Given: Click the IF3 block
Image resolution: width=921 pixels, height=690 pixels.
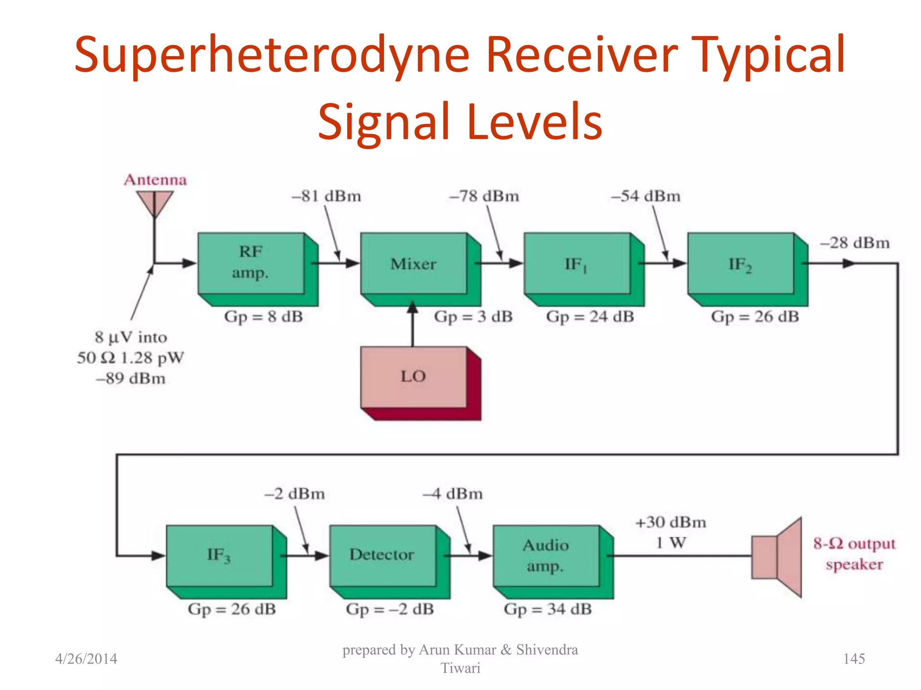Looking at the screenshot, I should tap(219, 556).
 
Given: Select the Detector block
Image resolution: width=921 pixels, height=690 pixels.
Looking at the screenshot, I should tap(383, 556).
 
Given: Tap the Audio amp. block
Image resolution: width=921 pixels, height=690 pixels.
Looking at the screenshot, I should tap(546, 556).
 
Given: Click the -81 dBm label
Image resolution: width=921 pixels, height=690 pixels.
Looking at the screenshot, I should tap(326, 196).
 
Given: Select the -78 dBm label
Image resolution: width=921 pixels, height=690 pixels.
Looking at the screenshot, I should tap(484, 196).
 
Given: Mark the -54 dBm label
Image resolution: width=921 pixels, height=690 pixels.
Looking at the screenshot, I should tap(646, 196).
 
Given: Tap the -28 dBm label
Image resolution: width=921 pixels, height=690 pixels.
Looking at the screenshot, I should tap(855, 243).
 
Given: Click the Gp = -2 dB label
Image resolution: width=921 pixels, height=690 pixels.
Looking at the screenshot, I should tap(390, 609).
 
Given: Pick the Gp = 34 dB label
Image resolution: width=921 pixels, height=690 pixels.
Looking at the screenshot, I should tap(548, 609).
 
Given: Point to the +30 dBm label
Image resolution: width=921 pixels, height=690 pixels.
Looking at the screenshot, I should tap(671, 522).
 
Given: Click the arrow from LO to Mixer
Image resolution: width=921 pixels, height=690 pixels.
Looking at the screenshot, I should tap(413, 326).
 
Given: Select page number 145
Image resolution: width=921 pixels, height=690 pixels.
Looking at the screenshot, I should tap(854, 659).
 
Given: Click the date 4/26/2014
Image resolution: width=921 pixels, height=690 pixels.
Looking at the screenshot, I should tap(86, 659).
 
